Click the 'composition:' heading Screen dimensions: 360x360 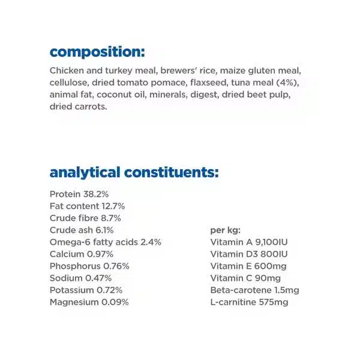pyautogui.click(x=97, y=52)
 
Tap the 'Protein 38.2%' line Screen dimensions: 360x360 pyautogui.click(x=79, y=194)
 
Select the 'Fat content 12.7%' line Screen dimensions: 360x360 pyautogui.click(x=87, y=206)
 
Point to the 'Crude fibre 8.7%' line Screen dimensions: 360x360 pyautogui.click(x=86, y=218)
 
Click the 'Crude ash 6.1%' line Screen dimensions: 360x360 pyautogui.click(x=82, y=230)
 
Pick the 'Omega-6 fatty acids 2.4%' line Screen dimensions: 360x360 pyautogui.click(x=106, y=242)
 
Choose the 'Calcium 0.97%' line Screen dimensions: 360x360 pyautogui.click(x=81, y=254)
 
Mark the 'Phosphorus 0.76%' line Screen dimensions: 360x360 pyautogui.click(x=89, y=266)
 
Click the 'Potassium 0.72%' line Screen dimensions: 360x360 pyautogui.click(x=86, y=290)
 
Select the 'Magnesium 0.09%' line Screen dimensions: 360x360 pyautogui.click(x=89, y=302)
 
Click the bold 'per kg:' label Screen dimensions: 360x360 pyautogui.click(x=225, y=230)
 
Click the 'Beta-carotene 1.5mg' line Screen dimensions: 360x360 pyautogui.click(x=255, y=290)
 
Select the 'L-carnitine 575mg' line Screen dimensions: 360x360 pyautogui.click(x=249, y=302)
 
